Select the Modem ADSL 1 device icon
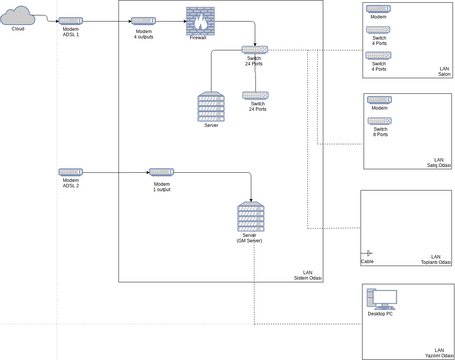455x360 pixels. pos(71,20)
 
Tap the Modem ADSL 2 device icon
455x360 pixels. pos(70,172)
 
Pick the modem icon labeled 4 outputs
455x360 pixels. pos(143,21)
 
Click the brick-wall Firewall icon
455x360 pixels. pos(199,20)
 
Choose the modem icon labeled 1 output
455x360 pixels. pos(162,172)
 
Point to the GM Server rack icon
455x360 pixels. pos(250,216)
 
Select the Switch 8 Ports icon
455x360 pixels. pos(379,120)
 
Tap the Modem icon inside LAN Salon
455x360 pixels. pos(378,9)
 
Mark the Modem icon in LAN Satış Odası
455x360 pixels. pos(379,100)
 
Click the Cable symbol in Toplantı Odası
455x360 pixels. pos(367,254)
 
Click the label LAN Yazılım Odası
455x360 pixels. pos(438,353)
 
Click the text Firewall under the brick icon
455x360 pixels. pos(199,37)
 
